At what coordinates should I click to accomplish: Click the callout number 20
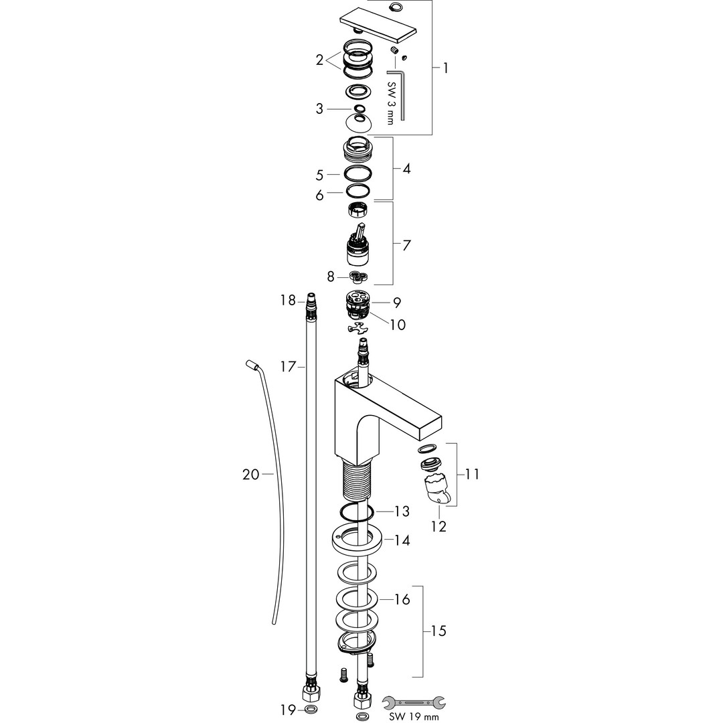[251, 474]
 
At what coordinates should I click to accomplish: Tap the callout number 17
[288, 367]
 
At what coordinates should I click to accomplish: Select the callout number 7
[406, 245]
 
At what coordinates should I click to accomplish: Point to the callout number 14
[402, 540]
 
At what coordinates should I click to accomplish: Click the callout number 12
[438, 526]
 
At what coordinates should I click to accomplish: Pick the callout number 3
[319, 109]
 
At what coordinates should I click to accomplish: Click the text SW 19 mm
[414, 717]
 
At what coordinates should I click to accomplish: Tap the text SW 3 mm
[390, 103]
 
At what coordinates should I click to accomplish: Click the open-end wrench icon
[414, 703]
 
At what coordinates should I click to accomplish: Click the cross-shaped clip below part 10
[358, 328]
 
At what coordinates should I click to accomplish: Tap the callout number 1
[445, 68]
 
